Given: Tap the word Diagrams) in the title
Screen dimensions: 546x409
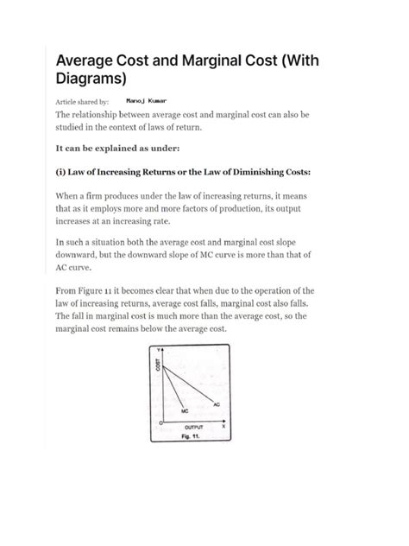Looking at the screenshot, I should pos(91,79).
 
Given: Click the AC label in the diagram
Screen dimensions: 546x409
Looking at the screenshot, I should pos(217,403).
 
